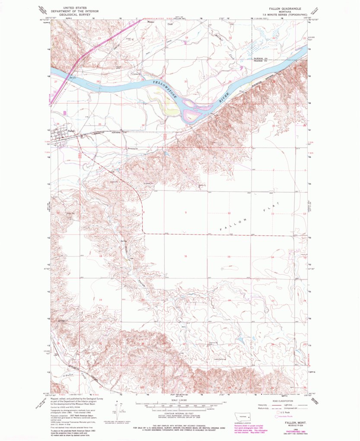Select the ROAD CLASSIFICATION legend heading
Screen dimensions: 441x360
click(286, 401)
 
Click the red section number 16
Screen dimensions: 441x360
click(186, 257)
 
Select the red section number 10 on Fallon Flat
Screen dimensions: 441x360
click(229, 213)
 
